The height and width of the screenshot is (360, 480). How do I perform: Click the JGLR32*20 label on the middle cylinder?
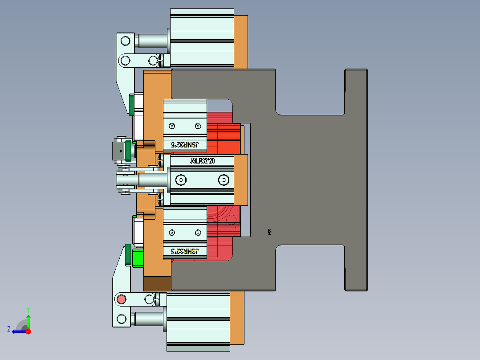pyautogui.click(x=203, y=161)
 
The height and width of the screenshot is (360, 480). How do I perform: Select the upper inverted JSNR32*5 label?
pyautogui.click(x=185, y=145)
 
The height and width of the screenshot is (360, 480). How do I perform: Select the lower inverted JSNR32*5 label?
pyautogui.click(x=185, y=252)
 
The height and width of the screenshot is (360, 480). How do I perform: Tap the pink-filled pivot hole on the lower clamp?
pyautogui.click(x=121, y=299)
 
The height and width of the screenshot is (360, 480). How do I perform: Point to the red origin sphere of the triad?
pyautogui.click(x=28, y=331)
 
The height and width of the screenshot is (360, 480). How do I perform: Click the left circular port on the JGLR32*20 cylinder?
pyautogui.click(x=181, y=180)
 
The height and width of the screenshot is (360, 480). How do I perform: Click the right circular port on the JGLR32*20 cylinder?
pyautogui.click(x=223, y=180)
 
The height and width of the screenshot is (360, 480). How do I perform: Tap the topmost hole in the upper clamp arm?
pyautogui.click(x=125, y=41)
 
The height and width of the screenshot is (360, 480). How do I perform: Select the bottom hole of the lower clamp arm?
pyautogui.click(x=121, y=319)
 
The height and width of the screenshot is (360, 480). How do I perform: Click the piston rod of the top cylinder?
pyautogui.click(x=152, y=41)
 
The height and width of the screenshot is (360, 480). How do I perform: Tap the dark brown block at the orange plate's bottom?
pyautogui.click(x=157, y=283)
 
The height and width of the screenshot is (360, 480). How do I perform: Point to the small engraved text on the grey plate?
pyautogui.click(x=270, y=232)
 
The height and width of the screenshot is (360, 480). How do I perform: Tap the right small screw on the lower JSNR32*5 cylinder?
pyautogui.click(x=197, y=232)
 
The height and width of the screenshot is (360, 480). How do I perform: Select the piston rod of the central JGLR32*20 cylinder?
pyautogui.click(x=152, y=180)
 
